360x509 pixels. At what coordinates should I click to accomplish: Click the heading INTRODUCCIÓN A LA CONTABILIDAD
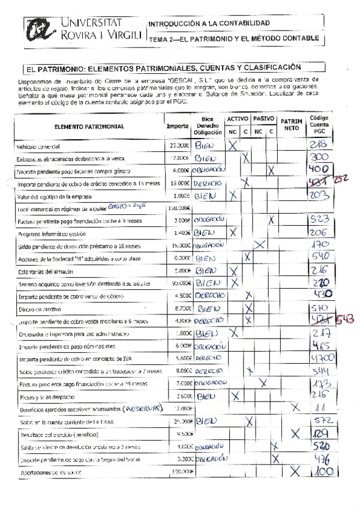208,23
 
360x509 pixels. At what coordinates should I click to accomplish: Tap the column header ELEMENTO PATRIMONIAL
89,127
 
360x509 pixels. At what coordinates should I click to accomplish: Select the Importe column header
178,127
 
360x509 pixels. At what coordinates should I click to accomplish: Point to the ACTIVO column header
238,119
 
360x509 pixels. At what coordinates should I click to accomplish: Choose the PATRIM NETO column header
292,125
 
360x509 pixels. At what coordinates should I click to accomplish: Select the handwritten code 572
316,422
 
